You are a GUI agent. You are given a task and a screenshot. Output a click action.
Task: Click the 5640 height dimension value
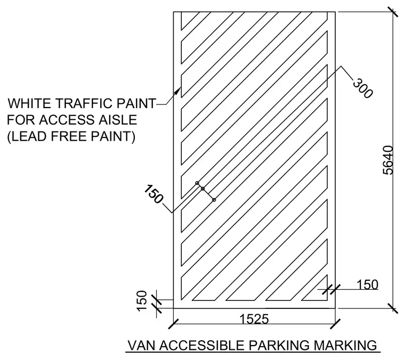coord(388,160)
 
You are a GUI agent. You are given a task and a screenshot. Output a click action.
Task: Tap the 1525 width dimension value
coord(254,319)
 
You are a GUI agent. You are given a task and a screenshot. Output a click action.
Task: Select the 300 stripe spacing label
coord(363,88)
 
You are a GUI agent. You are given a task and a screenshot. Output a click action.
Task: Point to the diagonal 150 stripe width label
coord(153,194)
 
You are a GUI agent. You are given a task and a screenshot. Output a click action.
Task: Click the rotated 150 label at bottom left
coord(142,301)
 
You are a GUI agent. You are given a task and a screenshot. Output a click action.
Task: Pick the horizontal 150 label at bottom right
coord(367,285)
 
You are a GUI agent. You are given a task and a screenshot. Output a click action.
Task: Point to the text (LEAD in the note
coord(27,136)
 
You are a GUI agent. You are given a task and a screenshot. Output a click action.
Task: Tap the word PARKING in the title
coord(279,345)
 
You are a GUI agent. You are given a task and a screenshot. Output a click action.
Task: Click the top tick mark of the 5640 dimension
coord(393,12)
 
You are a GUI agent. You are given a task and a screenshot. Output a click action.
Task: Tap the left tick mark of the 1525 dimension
coord(173,324)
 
